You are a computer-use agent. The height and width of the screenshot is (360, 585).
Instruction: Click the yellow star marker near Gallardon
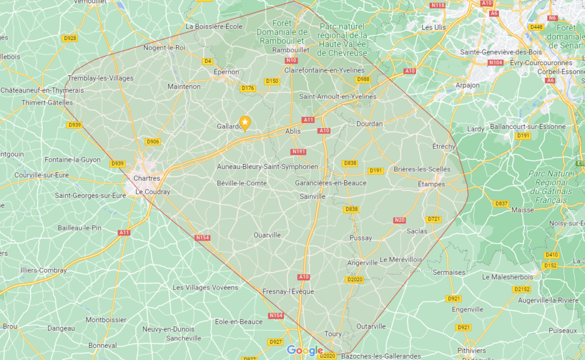coord(245,122)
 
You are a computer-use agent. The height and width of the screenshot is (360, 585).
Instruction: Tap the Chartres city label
coord(146,178)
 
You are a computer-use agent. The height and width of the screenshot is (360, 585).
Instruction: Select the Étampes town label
coord(431,183)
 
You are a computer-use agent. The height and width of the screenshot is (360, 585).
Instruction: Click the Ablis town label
coord(292,131)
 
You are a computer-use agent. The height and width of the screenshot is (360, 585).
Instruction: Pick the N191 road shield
coord(299,151)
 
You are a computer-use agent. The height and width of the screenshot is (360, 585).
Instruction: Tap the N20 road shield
coord(400,220)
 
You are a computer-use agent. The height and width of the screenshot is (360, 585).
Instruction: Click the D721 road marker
coord(434,219)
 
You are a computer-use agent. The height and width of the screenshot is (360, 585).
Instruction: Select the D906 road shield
coord(153,142)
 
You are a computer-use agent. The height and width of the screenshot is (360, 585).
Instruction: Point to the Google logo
coord(304,350)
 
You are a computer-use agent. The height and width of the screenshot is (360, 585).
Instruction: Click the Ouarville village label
coord(267,235)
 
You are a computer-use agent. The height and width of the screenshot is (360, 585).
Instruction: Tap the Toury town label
coord(332,334)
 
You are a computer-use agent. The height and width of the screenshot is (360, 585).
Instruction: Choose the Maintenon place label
coord(184,86)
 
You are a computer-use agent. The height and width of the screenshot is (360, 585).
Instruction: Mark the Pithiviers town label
coord(472,350)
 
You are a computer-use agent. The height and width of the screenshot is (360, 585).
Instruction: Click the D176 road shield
coord(247,88)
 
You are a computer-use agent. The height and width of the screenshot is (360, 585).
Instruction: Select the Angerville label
coord(362,263)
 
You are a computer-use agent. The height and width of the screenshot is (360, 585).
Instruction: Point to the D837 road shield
coord(501,203)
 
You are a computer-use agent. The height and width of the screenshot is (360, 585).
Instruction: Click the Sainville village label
coord(312,196)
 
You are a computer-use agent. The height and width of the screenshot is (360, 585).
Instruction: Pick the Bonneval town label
coord(103,345)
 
